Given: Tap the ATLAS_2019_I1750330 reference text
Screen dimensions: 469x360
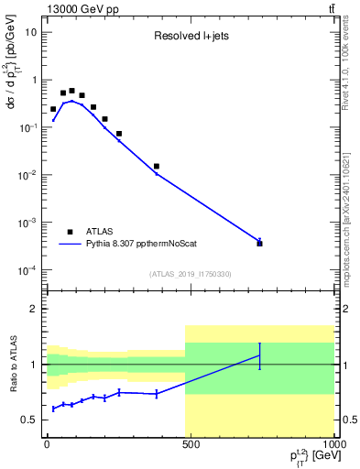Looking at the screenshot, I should click(190, 274).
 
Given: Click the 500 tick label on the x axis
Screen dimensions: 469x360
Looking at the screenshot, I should click(190, 443).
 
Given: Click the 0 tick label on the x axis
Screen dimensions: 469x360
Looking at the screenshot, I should click(47, 443).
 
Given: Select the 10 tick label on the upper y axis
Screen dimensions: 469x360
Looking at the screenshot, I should click(30, 32).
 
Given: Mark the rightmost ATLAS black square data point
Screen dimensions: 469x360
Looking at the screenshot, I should click(260, 243).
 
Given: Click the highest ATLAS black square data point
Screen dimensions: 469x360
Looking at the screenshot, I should click(71, 91).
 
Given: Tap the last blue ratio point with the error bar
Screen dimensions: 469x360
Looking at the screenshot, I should click(260, 355).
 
